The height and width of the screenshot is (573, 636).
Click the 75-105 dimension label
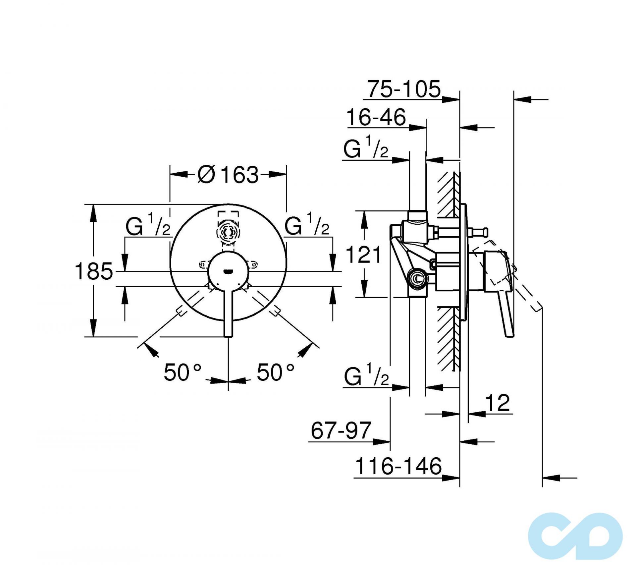(x=404, y=89)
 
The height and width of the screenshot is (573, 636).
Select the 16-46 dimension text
(x=376, y=117)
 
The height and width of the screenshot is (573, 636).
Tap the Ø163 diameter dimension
(x=228, y=175)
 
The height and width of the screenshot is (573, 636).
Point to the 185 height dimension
(x=94, y=271)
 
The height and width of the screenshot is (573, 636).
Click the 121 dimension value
(x=363, y=255)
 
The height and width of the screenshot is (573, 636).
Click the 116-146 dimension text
(x=398, y=466)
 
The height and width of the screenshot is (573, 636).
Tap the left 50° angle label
(x=183, y=372)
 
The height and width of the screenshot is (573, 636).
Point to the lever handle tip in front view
(x=228, y=334)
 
